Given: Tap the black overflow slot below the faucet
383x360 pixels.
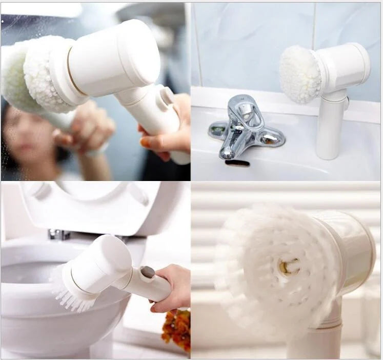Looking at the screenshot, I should (x=237, y=163).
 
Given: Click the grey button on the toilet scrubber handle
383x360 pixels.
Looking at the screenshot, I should (x=148, y=272).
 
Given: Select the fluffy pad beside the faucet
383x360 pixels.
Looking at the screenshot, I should (x=300, y=74).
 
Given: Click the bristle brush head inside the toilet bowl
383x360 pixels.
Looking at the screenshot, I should (x=72, y=290).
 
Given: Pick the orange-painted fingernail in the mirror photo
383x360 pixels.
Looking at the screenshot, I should (x=145, y=142).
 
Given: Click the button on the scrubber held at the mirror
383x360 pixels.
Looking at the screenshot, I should (x=167, y=96).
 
